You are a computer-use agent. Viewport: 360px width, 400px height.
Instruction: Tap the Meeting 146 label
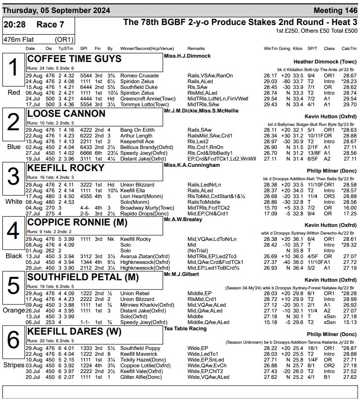tap(335, 11)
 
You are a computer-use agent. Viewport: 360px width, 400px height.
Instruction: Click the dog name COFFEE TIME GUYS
tap(75, 59)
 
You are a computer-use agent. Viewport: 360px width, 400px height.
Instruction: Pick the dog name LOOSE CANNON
tap(66, 113)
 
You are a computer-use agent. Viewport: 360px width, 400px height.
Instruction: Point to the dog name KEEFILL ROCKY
tap(66, 168)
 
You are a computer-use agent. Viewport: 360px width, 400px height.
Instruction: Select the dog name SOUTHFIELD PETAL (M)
tap(83, 277)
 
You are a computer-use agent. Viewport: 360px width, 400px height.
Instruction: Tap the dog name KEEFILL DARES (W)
tap(72, 331)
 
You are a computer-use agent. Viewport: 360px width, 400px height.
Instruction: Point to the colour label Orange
tap(13, 310)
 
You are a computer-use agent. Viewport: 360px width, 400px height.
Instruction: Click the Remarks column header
tap(196, 49)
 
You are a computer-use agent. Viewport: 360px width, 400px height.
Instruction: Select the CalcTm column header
tap(349, 49)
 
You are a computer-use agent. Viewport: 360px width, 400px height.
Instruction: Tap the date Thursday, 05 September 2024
tap(56, 11)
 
